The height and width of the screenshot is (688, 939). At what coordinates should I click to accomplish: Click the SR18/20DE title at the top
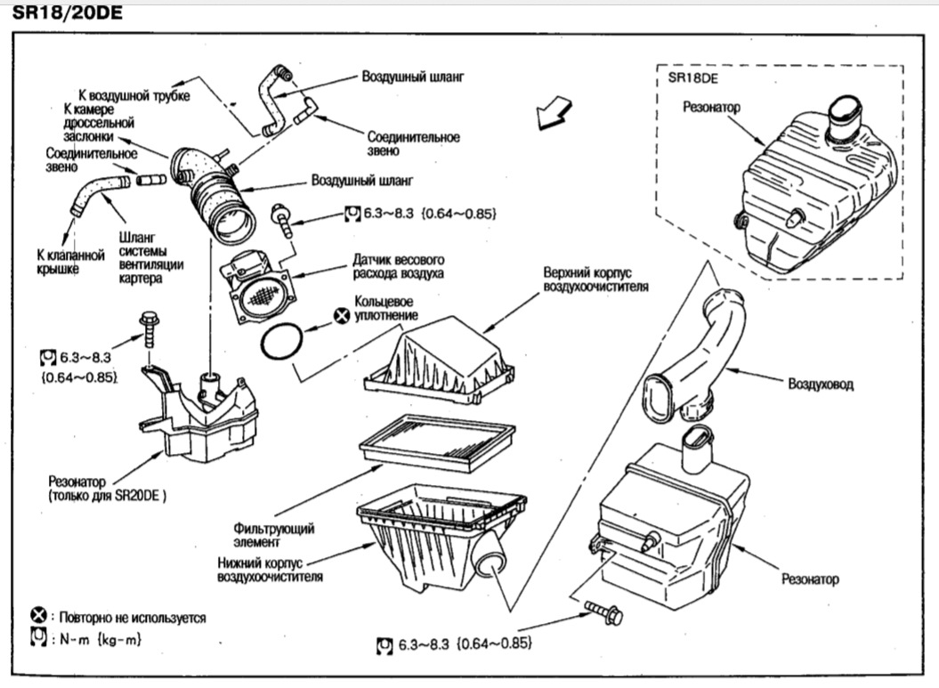(67, 12)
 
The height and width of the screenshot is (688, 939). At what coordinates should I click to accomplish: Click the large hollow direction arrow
(554, 112)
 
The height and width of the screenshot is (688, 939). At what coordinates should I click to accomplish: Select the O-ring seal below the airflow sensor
(281, 342)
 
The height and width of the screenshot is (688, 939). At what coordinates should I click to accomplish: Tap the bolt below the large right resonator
(603, 612)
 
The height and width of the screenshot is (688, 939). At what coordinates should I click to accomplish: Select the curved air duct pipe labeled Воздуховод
(698, 356)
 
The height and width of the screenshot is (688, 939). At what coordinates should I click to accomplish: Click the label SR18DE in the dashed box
(692, 77)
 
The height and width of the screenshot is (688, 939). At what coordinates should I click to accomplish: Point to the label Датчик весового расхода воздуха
(398, 266)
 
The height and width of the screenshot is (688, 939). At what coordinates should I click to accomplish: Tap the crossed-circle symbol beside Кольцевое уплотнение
(342, 315)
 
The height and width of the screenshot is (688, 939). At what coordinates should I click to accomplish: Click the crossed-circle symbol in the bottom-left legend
(38, 615)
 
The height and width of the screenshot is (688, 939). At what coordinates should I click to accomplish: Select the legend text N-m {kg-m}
(100, 639)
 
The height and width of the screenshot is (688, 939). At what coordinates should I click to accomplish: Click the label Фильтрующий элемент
(273, 535)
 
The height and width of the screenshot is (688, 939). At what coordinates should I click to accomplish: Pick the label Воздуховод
(821, 384)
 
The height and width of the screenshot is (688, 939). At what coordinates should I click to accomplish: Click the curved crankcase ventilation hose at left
(99, 191)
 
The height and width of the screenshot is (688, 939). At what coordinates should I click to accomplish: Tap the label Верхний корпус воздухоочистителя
(595, 279)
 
